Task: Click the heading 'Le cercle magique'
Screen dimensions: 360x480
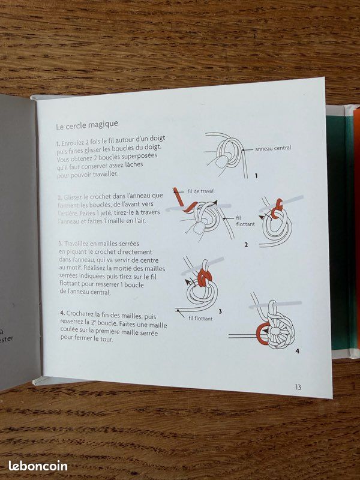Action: pyautogui.click(x=87, y=125)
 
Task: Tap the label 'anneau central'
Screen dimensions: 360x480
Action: pyautogui.click(x=273, y=148)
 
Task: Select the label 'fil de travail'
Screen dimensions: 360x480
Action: pyautogui.click(x=201, y=191)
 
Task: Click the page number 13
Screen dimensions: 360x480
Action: pyautogui.click(x=298, y=387)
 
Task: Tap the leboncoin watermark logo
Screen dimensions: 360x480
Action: pyautogui.click(x=38, y=466)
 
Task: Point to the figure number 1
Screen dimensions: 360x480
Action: pyautogui.click(x=256, y=176)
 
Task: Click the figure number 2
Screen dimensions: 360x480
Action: pyautogui.click(x=246, y=245)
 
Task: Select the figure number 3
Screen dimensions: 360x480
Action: pyautogui.click(x=220, y=311)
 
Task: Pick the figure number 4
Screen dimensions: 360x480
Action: pyautogui.click(x=297, y=351)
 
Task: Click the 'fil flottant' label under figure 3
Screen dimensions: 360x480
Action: pyautogui.click(x=200, y=319)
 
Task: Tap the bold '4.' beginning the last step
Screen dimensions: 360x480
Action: pyautogui.click(x=62, y=313)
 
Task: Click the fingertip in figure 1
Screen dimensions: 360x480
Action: pyautogui.click(x=221, y=161)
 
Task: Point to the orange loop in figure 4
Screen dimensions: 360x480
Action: pyautogui.click(x=262, y=334)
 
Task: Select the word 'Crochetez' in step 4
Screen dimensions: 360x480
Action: pyautogui.click(x=80, y=314)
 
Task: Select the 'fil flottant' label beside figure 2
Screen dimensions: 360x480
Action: pyautogui.click(x=245, y=221)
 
